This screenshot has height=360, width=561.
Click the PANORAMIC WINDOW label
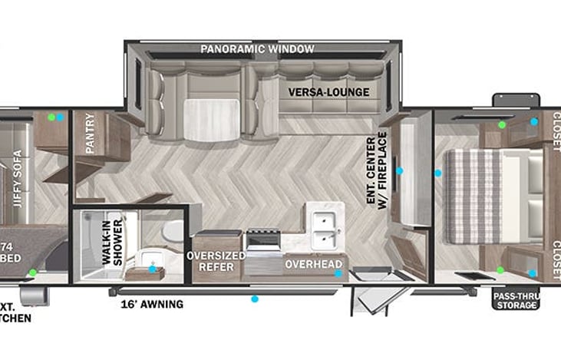[x=257, y=49]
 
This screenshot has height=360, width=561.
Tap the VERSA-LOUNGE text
[x=328, y=92]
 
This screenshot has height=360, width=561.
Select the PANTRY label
[x=90, y=134]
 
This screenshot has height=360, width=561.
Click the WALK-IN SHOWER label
[x=112, y=246]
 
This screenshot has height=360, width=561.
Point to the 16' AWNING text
[x=152, y=304]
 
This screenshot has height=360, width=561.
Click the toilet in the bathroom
[x=174, y=230]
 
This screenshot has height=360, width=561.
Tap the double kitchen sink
[x=322, y=224]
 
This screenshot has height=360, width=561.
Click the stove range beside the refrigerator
[x=263, y=247]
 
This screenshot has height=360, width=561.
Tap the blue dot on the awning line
[x=256, y=299]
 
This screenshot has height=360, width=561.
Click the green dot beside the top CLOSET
[x=502, y=124]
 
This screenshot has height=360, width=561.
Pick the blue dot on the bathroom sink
[x=152, y=269]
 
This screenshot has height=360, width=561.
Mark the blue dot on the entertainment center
[x=399, y=170]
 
